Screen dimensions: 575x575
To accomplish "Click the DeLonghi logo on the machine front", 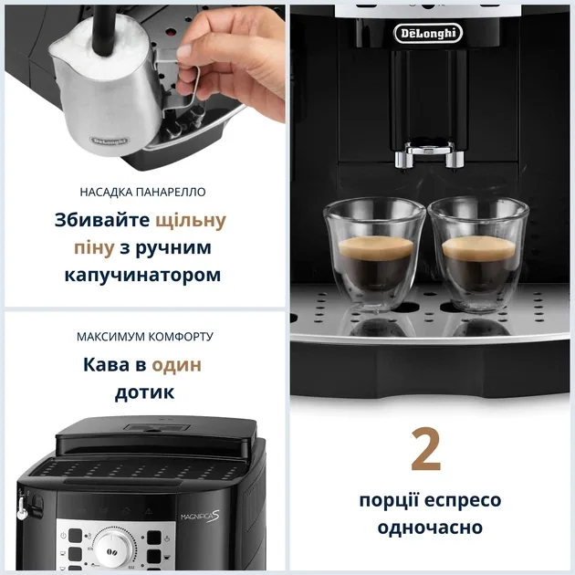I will [x=428, y=34].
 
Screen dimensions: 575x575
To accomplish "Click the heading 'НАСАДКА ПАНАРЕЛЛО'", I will [x=143, y=192].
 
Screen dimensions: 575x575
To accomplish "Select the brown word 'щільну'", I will [x=188, y=220].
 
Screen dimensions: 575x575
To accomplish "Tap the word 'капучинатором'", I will [x=143, y=275].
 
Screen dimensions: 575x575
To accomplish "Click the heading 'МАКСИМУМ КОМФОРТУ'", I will [x=145, y=337].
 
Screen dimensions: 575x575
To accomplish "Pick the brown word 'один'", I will [x=176, y=365].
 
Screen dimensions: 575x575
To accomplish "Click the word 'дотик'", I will [x=144, y=393].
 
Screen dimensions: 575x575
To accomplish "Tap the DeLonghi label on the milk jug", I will [x=109, y=141].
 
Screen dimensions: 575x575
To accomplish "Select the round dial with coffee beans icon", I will [x=113, y=549].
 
